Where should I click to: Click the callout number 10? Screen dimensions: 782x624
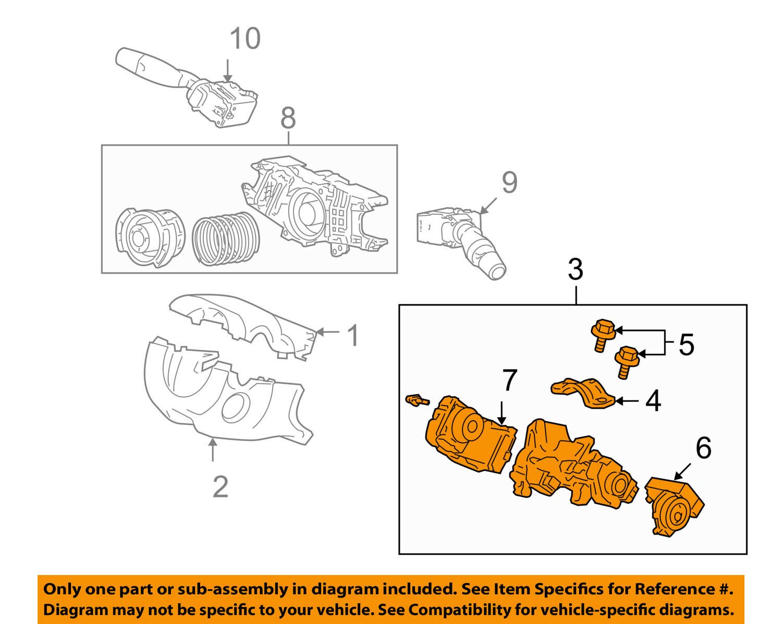tap(245, 39)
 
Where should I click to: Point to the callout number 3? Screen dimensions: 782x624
tap(575, 270)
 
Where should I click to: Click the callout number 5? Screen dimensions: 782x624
tap(686, 345)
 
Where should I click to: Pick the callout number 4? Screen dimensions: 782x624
tap(653, 401)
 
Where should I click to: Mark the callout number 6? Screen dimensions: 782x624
tap(703, 448)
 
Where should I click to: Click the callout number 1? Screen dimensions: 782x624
tap(353, 335)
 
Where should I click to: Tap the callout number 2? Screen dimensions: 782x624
tap(221, 486)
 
